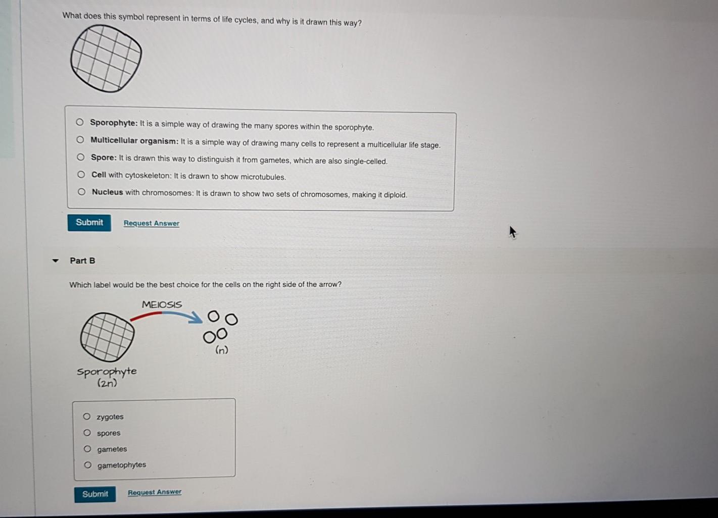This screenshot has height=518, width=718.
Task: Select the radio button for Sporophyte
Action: (79, 122)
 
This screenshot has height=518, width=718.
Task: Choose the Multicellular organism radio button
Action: (80, 140)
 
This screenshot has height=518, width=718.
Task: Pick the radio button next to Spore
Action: (80, 158)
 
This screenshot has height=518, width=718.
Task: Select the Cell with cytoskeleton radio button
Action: (81, 175)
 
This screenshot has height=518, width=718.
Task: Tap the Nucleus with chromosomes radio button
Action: (81, 192)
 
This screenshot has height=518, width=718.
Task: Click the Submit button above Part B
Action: (89, 223)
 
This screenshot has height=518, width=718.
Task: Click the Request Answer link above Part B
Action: (152, 223)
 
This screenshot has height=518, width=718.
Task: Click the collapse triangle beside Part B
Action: (56, 261)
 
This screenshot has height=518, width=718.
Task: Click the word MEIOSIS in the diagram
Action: (162, 304)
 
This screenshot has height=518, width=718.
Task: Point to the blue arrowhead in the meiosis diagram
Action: (196, 318)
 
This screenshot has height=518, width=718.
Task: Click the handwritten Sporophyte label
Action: (107, 372)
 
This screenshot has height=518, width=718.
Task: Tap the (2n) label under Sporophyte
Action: (108, 383)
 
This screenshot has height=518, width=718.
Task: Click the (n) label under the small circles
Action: (222, 350)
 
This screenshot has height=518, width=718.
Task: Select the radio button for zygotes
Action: (86, 417)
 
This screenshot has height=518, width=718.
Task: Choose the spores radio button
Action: (87, 433)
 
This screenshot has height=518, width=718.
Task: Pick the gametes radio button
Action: (87, 449)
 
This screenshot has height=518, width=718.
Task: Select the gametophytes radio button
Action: (87, 465)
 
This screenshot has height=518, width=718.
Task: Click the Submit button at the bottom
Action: (95, 494)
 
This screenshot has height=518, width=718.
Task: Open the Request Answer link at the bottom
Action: (155, 492)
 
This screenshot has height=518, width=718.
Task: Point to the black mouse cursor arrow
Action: (513, 232)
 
